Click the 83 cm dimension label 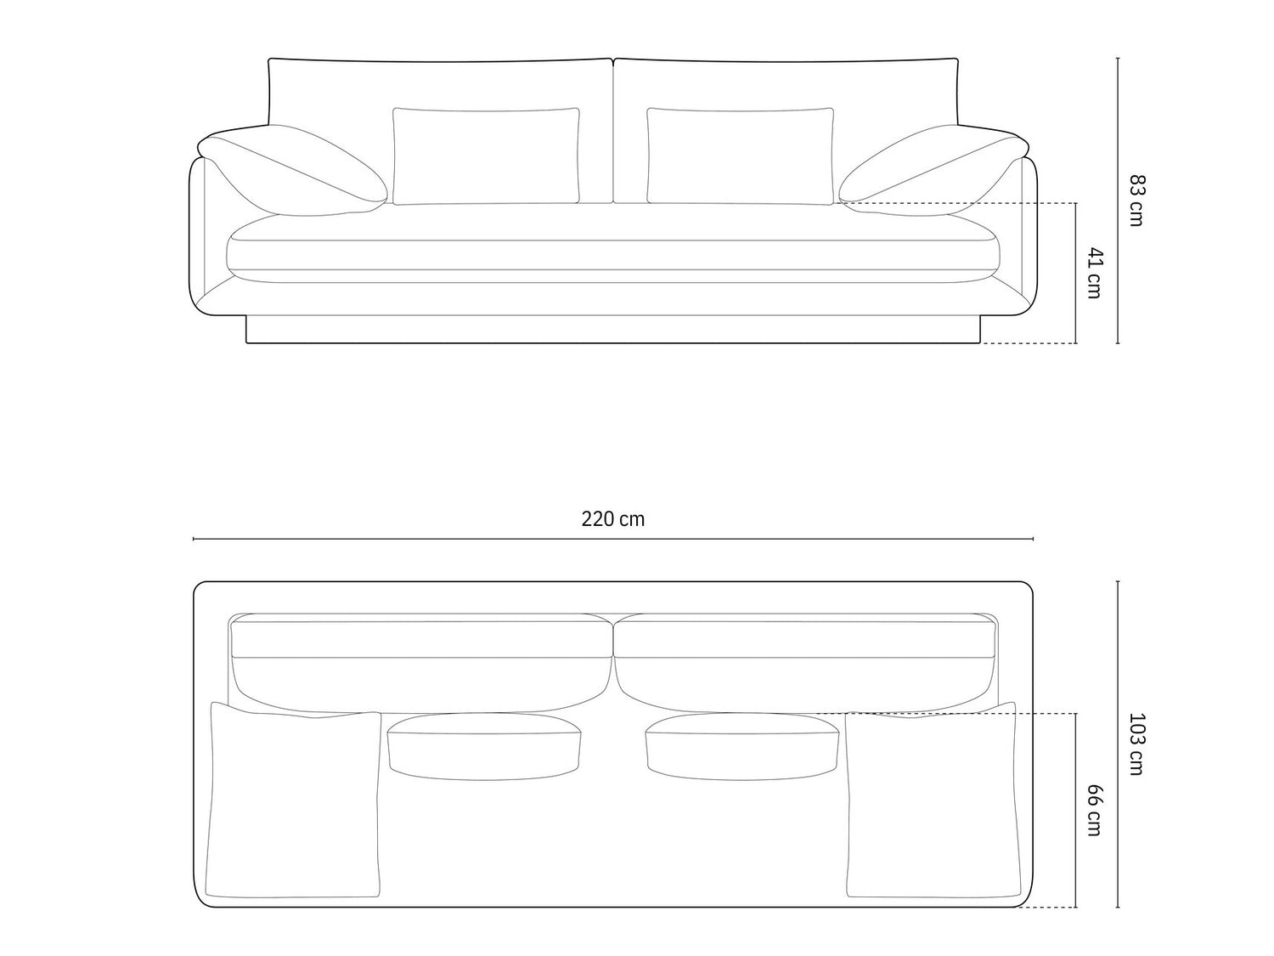[1136, 201]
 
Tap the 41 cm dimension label [1094, 273]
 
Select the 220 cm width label [613, 519]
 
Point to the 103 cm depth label [1136, 744]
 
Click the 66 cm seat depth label [1094, 811]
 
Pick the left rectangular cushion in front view [486, 156]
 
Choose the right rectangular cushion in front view [740, 156]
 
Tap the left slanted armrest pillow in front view [292, 171]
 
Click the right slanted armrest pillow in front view [933, 171]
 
